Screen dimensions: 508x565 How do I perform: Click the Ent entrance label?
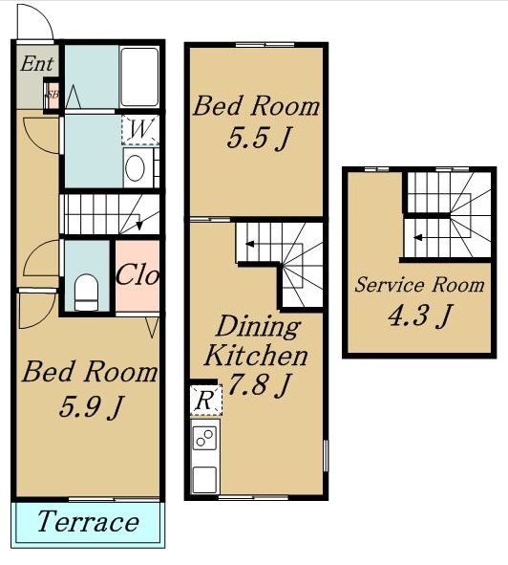coord(36,64)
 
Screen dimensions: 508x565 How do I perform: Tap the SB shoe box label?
coord(52,95)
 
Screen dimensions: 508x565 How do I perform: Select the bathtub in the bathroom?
coord(139,76)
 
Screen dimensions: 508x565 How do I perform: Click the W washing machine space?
coord(140,130)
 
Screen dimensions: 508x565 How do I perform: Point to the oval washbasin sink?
coord(135,168)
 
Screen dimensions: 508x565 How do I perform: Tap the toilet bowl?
coord(86,293)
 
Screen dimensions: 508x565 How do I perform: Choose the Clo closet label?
coord(138,276)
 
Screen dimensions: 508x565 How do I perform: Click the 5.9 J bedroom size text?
coord(91,407)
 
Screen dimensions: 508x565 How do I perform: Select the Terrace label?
coord(88,521)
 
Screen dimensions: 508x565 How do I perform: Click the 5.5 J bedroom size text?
coord(259,138)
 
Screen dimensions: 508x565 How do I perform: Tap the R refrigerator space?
coord(205,400)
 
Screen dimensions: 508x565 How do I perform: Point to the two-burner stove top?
coord(204,438)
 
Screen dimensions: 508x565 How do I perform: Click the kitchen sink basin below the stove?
coord(204,480)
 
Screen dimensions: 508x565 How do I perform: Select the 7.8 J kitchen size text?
coord(259,385)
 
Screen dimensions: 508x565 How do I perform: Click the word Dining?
coord(258,326)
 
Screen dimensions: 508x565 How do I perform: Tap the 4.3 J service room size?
coord(419,316)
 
